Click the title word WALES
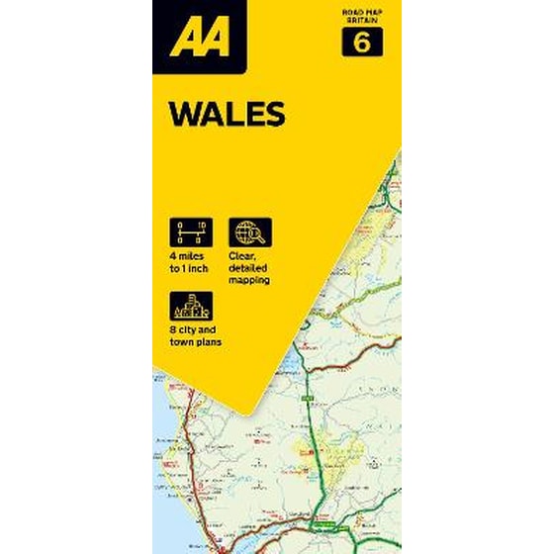coord(227,114)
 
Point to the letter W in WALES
coord(184,114)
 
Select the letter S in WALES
coord(275,114)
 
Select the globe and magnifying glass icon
coord(250,233)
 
